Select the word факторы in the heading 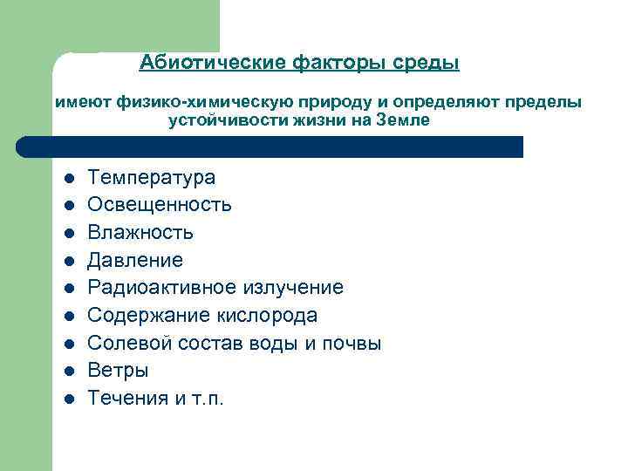pyautogui.click(x=339, y=63)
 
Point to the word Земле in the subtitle pyautogui.click(x=402, y=120)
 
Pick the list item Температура pyautogui.click(x=152, y=178)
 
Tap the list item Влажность pyautogui.click(x=140, y=233)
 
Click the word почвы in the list pyautogui.click(x=352, y=343)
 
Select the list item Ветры pyautogui.click(x=119, y=371)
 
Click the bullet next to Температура pyautogui.click(x=69, y=178)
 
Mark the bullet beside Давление pyautogui.click(x=69, y=261)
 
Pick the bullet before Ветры pyautogui.click(x=69, y=371)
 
